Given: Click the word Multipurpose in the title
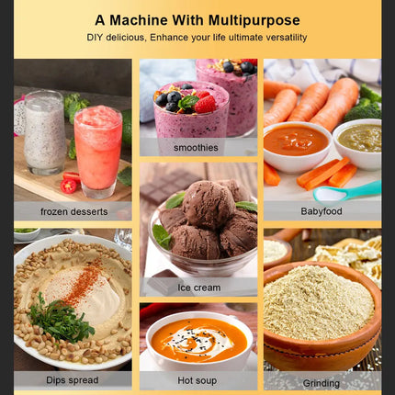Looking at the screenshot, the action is tap(254, 21).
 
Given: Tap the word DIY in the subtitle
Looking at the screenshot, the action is tap(95, 38).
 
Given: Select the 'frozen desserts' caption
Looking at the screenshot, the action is tap(74, 211).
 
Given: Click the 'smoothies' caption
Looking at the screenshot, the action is tap(196, 148).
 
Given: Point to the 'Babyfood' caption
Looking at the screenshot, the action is tap(322, 211).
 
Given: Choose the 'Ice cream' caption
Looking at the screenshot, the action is tap(199, 288).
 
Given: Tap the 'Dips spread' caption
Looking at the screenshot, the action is tap(73, 380).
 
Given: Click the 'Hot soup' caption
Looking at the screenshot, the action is tap(197, 380).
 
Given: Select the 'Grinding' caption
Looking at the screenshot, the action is tap(322, 383).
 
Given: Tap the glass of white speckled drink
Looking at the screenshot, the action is tap(45, 132).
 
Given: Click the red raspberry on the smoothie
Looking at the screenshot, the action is tap(205, 104).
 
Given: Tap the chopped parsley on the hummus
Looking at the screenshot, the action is tap(60, 320).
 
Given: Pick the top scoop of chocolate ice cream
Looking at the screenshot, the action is tap(209, 205).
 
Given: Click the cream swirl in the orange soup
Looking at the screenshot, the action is tap(199, 341).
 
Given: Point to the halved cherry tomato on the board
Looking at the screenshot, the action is tap(68, 186).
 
